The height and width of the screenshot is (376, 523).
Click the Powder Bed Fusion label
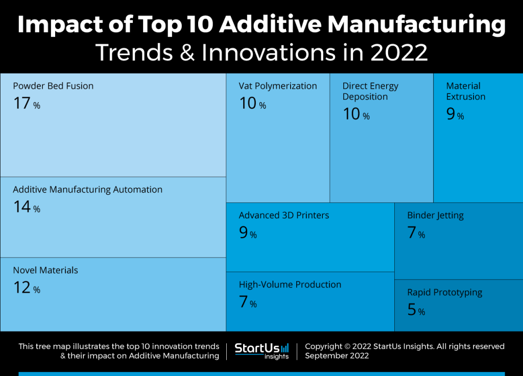coord(53,86)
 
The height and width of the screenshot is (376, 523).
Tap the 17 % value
coord(27,104)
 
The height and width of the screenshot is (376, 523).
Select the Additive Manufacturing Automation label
coord(87,190)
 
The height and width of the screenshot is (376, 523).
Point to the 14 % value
coord(27,207)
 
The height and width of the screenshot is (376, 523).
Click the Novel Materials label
coord(45,270)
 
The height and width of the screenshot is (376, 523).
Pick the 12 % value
coord(27,288)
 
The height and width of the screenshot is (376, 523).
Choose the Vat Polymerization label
coord(278,86)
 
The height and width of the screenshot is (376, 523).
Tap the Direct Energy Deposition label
coord(370,91)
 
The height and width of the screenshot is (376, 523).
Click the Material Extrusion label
coord(466,91)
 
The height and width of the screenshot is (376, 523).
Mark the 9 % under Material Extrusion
coord(455,114)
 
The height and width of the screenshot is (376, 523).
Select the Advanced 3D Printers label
coord(284,215)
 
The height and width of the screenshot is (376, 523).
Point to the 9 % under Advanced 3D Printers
coord(248,233)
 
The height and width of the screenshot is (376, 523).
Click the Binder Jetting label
coord(435,215)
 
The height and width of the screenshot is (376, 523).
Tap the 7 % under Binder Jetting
coord(416,233)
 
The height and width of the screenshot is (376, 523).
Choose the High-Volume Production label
coord(290,285)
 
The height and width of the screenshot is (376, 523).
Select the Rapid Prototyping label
coord(444,293)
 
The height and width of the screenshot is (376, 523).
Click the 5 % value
coord(416,311)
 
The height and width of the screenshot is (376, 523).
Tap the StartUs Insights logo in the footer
coord(261,351)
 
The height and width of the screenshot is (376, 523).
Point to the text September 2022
coord(337,356)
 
